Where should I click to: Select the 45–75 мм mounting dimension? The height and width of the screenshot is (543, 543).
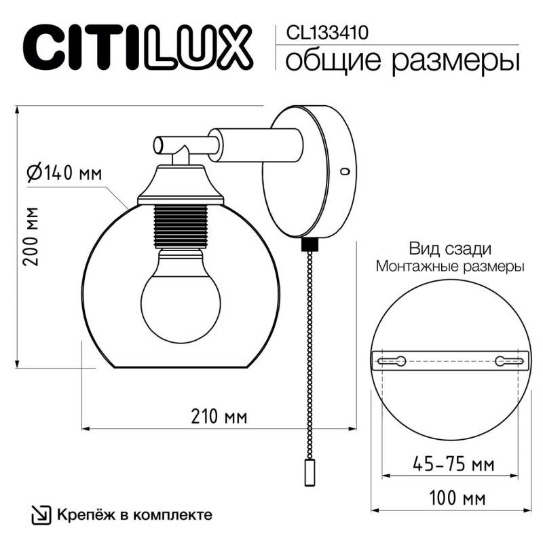[x=452, y=465]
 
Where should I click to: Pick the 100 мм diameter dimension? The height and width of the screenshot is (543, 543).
[x=452, y=499]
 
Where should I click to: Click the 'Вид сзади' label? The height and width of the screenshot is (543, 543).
[x=449, y=249]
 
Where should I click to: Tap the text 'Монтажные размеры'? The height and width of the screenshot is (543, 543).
[x=449, y=267]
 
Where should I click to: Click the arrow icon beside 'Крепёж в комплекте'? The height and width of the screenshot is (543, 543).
[x=40, y=514]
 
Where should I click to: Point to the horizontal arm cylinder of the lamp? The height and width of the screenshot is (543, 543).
[x=255, y=144]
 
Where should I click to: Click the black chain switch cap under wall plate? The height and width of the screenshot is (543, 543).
[x=310, y=242]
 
